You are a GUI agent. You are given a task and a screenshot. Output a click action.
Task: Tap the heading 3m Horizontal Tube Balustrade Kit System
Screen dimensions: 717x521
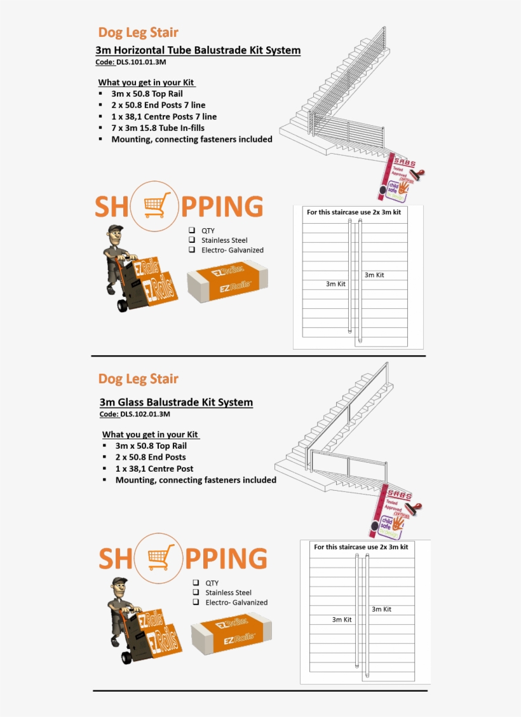(x=198, y=50)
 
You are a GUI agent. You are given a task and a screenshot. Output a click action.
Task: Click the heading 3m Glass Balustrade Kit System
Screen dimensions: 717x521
(x=176, y=402)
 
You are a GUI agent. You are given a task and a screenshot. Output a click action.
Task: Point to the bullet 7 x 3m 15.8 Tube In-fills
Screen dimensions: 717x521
(x=163, y=128)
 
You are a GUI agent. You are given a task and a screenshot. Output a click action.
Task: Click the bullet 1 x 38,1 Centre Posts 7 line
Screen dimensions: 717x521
(x=164, y=116)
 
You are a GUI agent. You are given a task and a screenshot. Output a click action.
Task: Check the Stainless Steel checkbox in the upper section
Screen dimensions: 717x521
(x=192, y=240)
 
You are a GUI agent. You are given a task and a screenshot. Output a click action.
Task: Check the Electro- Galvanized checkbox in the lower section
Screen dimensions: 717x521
(x=196, y=602)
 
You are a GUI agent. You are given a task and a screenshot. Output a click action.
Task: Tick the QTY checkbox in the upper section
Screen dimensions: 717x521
(x=192, y=230)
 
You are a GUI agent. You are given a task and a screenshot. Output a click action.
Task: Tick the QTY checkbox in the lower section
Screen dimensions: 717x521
(x=196, y=582)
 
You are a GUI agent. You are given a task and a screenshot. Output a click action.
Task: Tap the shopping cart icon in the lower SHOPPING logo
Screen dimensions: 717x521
(x=160, y=558)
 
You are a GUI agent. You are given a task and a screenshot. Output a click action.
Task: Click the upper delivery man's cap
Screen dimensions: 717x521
(x=115, y=229)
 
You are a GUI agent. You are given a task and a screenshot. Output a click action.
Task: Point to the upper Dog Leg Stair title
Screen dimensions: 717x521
(x=138, y=32)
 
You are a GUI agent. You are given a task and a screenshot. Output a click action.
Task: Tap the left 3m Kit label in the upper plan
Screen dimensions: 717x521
(x=335, y=284)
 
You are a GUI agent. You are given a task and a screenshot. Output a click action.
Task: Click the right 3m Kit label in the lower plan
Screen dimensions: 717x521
(x=381, y=609)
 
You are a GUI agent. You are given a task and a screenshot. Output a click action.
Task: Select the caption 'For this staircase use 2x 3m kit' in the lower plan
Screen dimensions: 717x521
(x=361, y=547)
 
